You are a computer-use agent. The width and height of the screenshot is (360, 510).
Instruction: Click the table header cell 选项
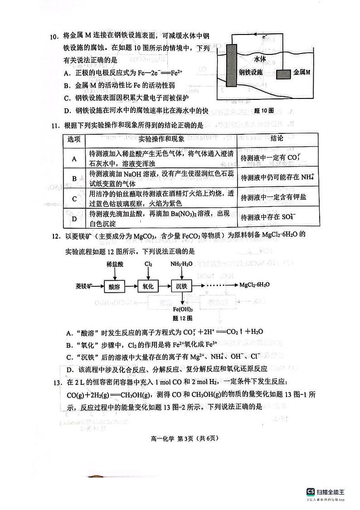pyautogui.click(x=73, y=138)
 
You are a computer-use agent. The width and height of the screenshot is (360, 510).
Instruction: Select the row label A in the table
pyautogui.click(x=73, y=158)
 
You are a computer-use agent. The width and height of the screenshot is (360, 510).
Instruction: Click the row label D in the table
pyautogui.click(x=73, y=219)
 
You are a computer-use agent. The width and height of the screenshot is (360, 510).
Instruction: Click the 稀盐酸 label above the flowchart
pyautogui.click(x=115, y=264)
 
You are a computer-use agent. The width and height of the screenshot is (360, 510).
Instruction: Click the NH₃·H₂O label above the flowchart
pyautogui.click(x=181, y=264)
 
